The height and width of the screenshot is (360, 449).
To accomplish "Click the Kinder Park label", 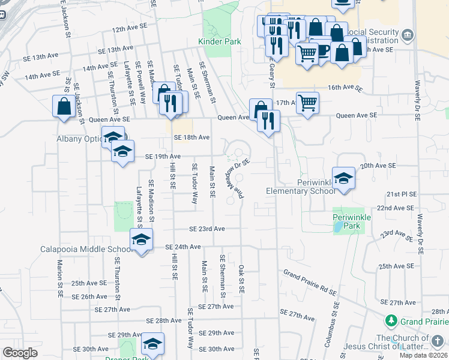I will click(x=220, y=41).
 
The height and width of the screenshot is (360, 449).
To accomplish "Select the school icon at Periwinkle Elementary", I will click(x=343, y=178).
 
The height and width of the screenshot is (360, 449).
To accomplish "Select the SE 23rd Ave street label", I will click(x=207, y=229).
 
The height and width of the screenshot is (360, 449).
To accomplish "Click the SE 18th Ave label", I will click(x=191, y=137).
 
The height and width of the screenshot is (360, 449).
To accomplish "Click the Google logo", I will click(x=20, y=353).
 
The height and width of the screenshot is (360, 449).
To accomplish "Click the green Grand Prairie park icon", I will click(x=391, y=321).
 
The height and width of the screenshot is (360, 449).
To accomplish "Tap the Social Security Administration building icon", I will click(x=408, y=35).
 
